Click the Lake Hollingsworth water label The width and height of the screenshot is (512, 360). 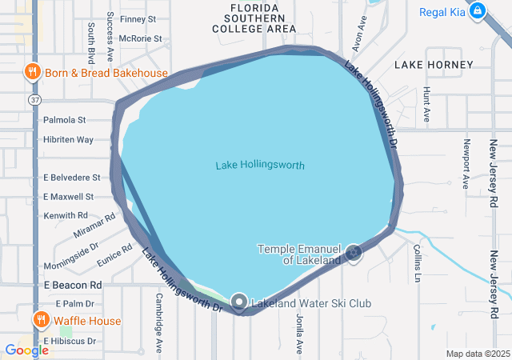coord(260,166)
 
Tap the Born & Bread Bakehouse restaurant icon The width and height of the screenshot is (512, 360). coord(34,73)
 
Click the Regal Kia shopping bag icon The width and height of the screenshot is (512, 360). coord(478,10)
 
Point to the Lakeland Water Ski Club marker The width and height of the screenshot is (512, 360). coord(239,302)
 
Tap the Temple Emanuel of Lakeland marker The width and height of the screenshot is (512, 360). coord(354,254)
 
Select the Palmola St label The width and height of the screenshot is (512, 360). coord(65,121)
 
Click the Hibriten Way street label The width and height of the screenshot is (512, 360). coord(68,140)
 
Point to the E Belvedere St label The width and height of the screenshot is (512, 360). coord(71,178)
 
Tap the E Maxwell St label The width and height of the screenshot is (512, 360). coord(68,196)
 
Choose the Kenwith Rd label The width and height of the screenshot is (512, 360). coord(66,215)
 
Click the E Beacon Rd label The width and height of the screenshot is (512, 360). coord(73,285)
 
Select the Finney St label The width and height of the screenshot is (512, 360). coord(138,18)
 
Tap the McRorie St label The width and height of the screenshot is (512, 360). coord(140,38)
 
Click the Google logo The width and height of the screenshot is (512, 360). coord(26,350)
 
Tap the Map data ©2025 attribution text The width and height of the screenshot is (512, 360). coord(477,354)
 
